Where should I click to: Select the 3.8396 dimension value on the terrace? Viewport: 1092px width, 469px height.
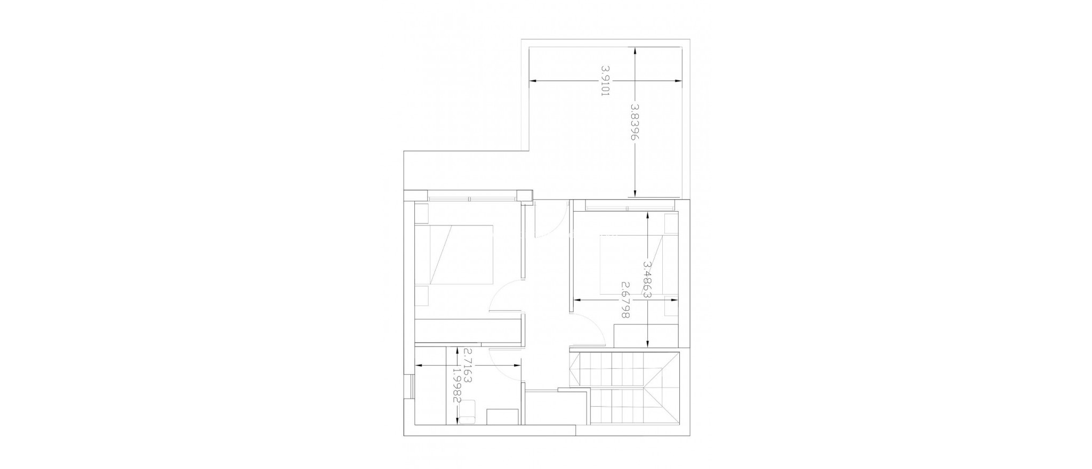[635, 122]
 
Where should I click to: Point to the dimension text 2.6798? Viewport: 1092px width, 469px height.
[625, 301]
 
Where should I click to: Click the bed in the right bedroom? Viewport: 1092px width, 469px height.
[632, 265]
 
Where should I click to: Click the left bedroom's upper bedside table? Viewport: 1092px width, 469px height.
[421, 213]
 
